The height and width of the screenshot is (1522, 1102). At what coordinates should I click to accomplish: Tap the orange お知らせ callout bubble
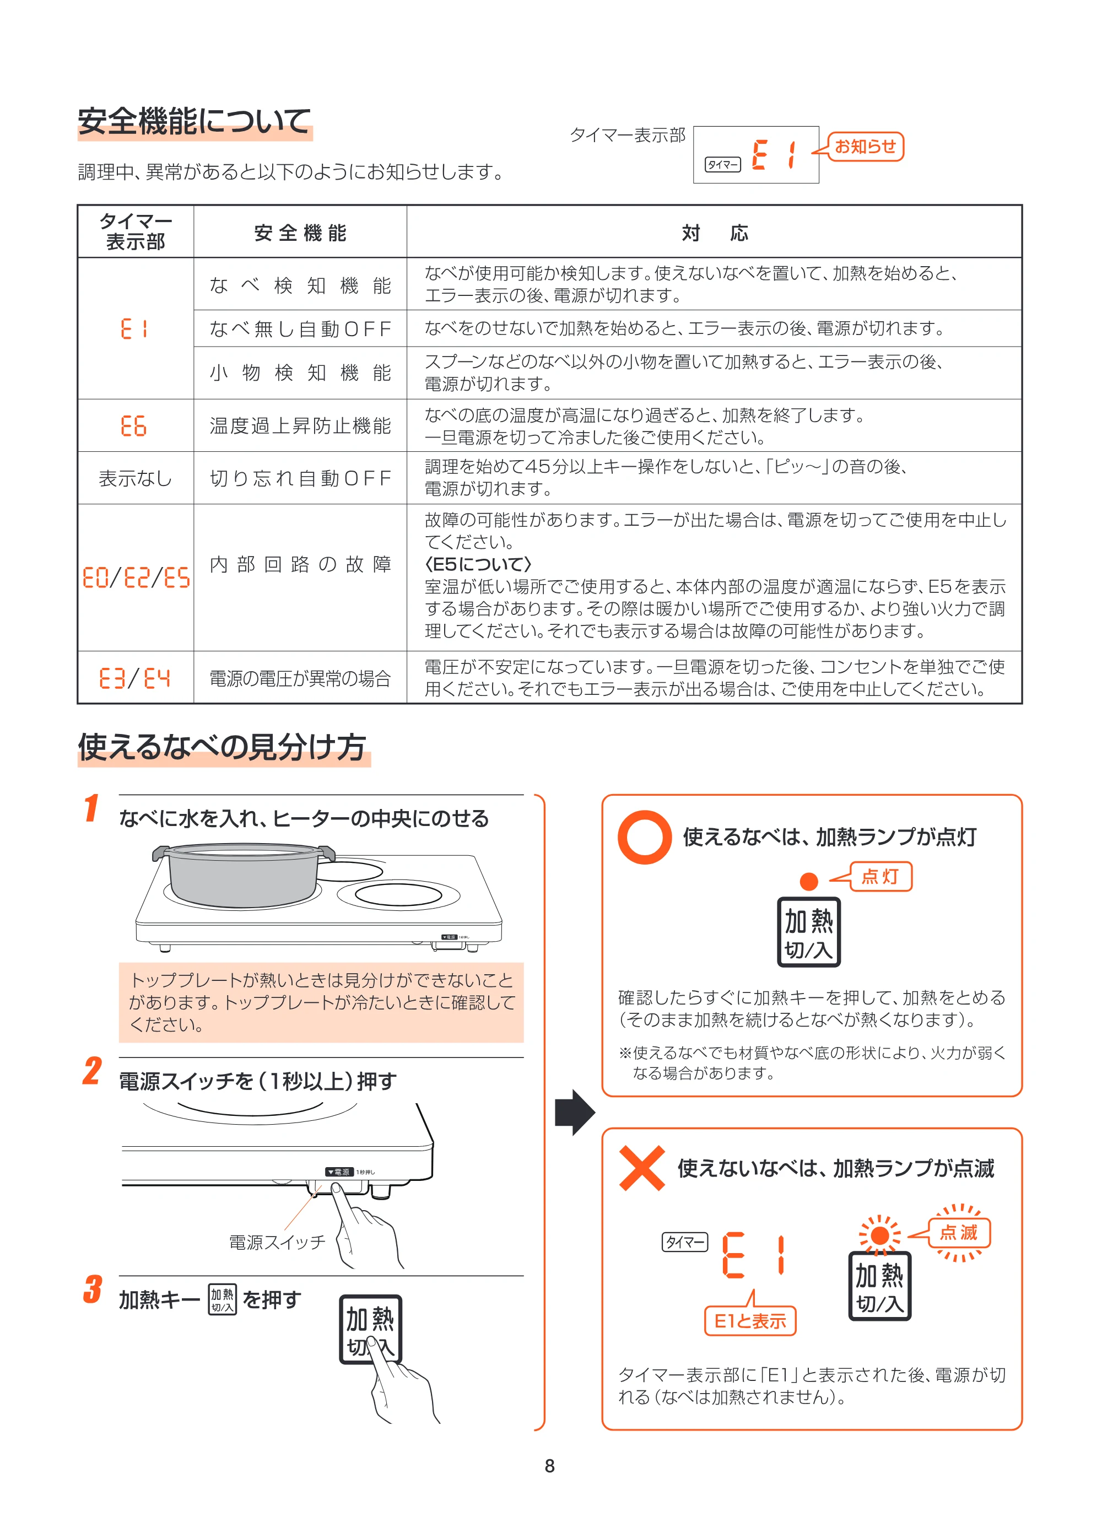pyautogui.click(x=866, y=146)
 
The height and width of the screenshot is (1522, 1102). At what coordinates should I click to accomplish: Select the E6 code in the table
pyautogui.click(x=133, y=426)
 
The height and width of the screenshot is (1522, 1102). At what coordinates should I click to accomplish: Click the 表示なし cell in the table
pyautogui.click(x=136, y=478)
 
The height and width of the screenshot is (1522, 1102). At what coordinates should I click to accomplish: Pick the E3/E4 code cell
pyautogui.click(x=135, y=678)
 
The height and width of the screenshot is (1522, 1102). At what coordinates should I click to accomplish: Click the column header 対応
pyautogui.click(x=715, y=233)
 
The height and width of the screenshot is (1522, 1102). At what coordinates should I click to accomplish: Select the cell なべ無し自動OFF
pyautogui.click(x=300, y=329)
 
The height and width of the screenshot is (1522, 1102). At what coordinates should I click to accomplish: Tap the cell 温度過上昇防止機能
pyautogui.click(x=300, y=425)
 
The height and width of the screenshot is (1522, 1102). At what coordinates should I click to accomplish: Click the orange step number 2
pyautogui.click(x=93, y=1071)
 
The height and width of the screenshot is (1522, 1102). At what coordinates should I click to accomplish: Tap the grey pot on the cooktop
pyautogui.click(x=244, y=875)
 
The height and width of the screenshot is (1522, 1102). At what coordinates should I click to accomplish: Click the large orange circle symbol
pyautogui.click(x=644, y=838)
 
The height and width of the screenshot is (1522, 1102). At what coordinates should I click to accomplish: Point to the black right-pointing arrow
pyautogui.click(x=575, y=1112)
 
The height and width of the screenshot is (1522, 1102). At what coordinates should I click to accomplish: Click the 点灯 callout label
pyautogui.click(x=881, y=876)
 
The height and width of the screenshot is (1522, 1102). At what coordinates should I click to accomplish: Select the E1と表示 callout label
pyautogui.click(x=750, y=1321)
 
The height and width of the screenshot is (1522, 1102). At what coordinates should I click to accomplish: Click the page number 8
pyautogui.click(x=550, y=1466)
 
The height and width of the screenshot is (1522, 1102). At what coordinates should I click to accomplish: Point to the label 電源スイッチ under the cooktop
pyautogui.click(x=277, y=1242)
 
